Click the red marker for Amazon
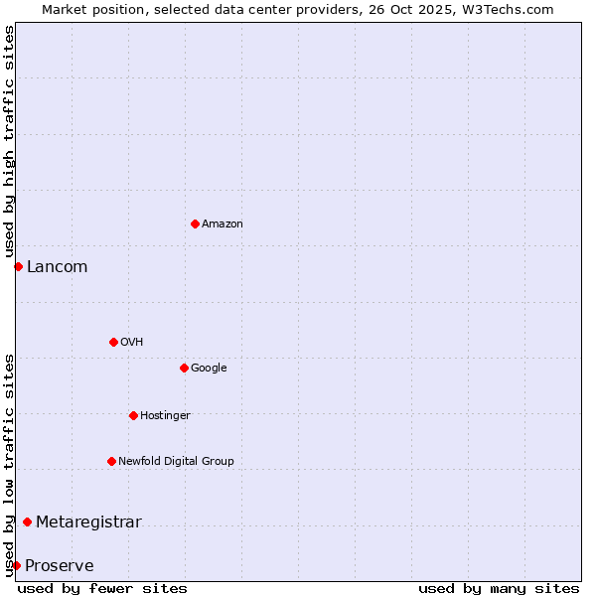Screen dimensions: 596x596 point(195,223)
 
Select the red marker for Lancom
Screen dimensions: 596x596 point(18,266)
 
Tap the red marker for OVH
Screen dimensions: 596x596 point(113,342)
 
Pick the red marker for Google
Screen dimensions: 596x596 point(184,368)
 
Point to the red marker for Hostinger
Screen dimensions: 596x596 point(133,415)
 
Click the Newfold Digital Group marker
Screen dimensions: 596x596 point(111,461)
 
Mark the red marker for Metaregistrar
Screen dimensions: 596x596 point(27,522)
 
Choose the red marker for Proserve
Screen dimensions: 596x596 point(16,565)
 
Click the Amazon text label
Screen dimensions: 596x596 point(223,224)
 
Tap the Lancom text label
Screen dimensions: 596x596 point(57,266)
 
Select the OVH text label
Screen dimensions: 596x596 point(132,343)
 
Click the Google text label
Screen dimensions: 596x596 point(209,369)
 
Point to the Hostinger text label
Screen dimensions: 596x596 point(165,415)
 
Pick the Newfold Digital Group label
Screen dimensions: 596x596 point(176,461)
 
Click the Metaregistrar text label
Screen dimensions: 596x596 point(88,522)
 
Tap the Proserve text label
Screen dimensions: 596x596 point(60,566)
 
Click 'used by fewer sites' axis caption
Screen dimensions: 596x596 point(102,588)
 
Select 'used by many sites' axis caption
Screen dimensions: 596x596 point(499,588)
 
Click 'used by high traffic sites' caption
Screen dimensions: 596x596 point(9,142)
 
